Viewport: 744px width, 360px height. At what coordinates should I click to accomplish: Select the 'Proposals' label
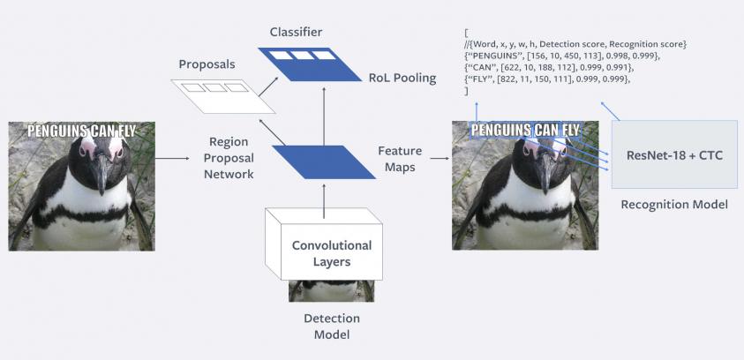click(207, 64)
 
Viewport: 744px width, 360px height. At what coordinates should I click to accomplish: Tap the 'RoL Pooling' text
click(402, 78)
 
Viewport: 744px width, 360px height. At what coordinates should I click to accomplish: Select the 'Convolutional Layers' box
click(332, 252)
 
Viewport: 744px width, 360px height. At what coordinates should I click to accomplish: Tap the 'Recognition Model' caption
click(674, 205)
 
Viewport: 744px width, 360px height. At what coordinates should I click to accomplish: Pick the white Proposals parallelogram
click(222, 94)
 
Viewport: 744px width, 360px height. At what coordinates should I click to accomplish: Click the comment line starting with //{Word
click(574, 44)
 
